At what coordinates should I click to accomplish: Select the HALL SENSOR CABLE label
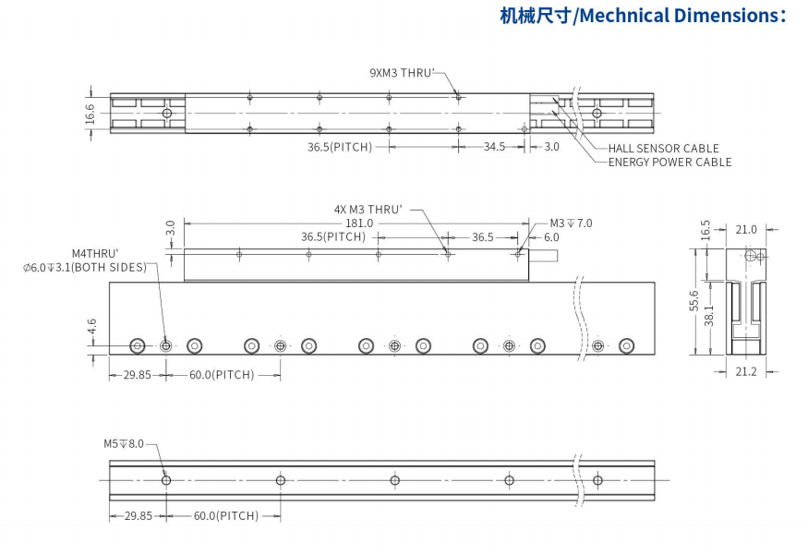[663, 148]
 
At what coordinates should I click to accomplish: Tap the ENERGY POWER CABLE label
[669, 162]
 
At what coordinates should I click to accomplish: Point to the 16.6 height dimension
[90, 114]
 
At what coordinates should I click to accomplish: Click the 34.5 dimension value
[494, 147]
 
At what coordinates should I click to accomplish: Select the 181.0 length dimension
[359, 223]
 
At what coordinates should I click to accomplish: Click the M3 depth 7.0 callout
[571, 223]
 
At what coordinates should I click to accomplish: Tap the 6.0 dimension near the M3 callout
[551, 237]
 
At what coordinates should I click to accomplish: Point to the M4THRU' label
[95, 253]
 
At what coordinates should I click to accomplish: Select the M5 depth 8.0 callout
[124, 443]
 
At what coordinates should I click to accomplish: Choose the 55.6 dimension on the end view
[693, 301]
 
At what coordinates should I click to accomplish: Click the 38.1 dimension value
[708, 317]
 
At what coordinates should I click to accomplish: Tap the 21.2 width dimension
[746, 371]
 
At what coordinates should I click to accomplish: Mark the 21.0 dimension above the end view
[746, 229]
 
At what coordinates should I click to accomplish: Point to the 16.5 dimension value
[706, 229]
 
